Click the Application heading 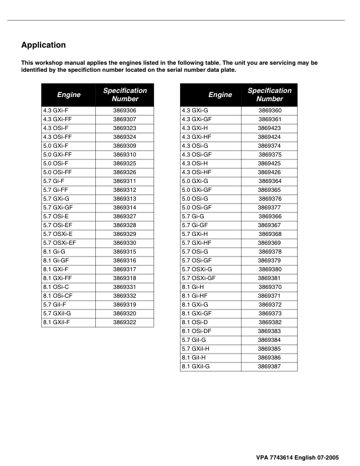tap(44, 45)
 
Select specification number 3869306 tap(125, 111)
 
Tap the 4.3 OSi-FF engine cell tap(57, 137)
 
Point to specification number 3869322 tap(125, 322)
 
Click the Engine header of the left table tap(69, 95)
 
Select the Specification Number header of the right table tap(269, 95)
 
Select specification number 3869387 tap(270, 366)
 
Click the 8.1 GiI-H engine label tap(194, 357)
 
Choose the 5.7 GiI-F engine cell tap(54, 304)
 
